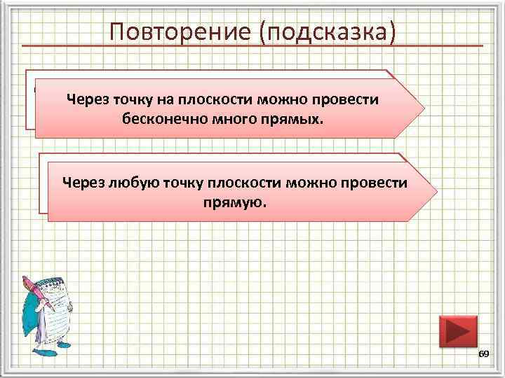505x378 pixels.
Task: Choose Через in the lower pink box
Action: pos(83,183)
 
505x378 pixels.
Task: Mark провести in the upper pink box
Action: pos(346,100)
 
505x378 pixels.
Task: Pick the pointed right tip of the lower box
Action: pos(435,192)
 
